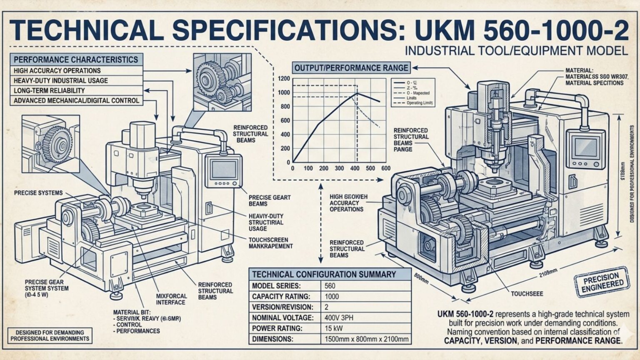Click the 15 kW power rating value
[334, 328]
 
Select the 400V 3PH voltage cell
[339, 317]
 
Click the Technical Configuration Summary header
[324, 274]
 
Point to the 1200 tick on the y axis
[284, 78]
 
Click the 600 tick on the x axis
[386, 168]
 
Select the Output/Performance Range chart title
[351, 68]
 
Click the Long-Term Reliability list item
[49, 90]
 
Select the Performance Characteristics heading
[75, 60]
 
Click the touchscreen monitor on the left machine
[224, 170]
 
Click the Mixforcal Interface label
[171, 299]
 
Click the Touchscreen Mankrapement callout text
[270, 243]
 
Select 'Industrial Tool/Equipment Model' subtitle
[516, 51]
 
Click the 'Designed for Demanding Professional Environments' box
[50, 335]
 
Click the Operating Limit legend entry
[420, 103]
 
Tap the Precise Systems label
[38, 193]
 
